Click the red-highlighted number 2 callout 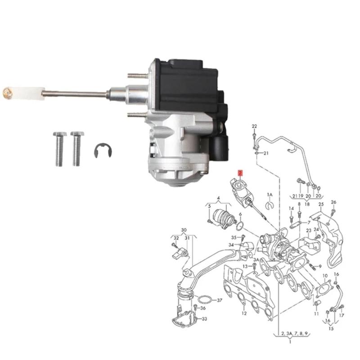point(240,173)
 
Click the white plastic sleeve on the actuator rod point(31,93)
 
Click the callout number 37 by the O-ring point(220,300)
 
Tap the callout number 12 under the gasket point(243,313)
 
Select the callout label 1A point(270,194)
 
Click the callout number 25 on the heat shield point(321,205)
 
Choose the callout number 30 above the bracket point(184,230)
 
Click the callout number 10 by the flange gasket point(325,275)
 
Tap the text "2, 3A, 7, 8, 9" point(293,334)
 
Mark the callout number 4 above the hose point(218,198)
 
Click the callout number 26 point(333,202)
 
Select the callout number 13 point(246,266)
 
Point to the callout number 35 point(234,237)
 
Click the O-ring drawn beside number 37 point(204,300)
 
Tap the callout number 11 point(316,313)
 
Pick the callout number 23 point(309,230)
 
